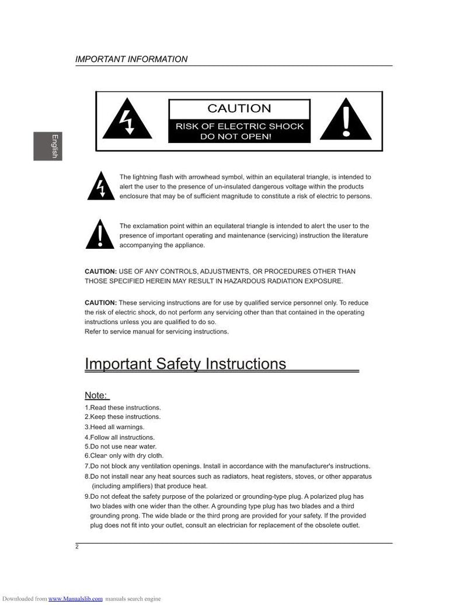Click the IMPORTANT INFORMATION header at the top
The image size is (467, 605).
pyautogui.click(x=131, y=59)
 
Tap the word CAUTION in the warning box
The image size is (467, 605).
pyautogui.click(x=239, y=108)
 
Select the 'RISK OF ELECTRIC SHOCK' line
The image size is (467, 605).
pyautogui.click(x=239, y=126)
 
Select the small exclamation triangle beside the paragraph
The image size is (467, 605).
pyautogui.click(x=99, y=235)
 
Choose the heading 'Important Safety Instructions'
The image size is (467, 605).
pyautogui.click(x=186, y=364)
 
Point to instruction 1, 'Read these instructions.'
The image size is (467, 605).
pyautogui.click(x=123, y=407)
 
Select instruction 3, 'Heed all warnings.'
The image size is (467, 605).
pyautogui.click(x=114, y=427)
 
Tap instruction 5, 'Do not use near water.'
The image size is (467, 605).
pyautogui.click(x=120, y=446)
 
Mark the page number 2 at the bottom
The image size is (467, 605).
pyautogui.click(x=77, y=547)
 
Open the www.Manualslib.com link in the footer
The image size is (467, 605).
pyautogui.click(x=75, y=599)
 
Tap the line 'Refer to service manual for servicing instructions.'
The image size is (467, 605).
pyautogui.click(x=157, y=332)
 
